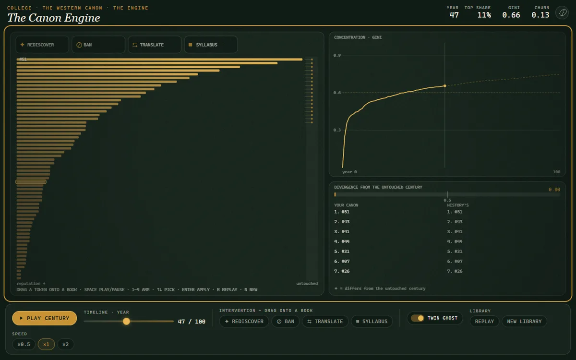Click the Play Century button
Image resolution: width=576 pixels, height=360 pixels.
coord(44,318)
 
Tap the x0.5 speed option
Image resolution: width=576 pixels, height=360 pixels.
coord(24,344)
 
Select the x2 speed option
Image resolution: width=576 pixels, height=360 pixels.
coord(66,344)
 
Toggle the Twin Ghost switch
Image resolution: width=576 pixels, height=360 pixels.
coord(417,318)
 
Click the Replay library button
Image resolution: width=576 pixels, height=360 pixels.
coord(484,322)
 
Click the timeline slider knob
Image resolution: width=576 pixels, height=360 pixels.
coord(126,321)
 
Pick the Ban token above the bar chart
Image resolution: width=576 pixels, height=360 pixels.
coord(98,45)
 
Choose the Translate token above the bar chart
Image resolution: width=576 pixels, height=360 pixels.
coord(155,45)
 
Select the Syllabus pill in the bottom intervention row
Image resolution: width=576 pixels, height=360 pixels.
coord(372,322)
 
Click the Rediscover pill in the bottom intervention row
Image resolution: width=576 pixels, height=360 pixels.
coord(244,322)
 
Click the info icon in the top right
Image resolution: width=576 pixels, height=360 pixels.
coord(563,12)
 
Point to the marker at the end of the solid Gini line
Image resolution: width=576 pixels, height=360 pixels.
coord(445,86)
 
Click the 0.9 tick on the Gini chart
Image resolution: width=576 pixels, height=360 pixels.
coord(337,55)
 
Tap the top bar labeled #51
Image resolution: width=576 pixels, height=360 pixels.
coord(159,60)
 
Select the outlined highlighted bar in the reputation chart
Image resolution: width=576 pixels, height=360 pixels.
coord(31,182)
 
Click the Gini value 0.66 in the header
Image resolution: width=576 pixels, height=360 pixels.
coord(511,15)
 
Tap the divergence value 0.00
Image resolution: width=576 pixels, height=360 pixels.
coord(554,190)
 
